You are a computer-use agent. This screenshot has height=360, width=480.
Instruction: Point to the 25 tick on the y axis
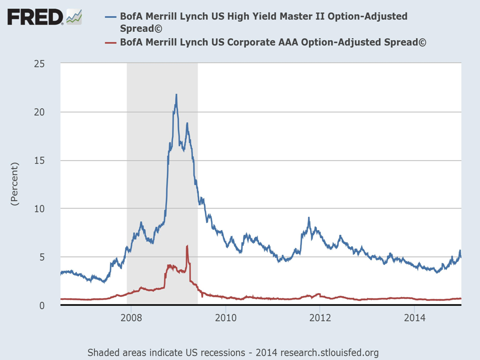point(39,64)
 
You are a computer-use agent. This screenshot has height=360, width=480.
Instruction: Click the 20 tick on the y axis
point(39,112)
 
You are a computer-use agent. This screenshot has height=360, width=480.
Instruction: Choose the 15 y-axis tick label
point(39,160)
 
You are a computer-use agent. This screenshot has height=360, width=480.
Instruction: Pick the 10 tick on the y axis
point(39,208)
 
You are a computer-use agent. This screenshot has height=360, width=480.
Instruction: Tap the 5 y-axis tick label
point(42,257)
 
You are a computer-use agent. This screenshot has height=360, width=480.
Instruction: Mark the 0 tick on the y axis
point(42,305)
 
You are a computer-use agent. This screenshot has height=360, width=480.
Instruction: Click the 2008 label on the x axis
point(131,318)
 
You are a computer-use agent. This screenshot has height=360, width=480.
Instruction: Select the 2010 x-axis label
point(226,318)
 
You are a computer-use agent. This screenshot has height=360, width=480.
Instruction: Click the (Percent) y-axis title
point(14,184)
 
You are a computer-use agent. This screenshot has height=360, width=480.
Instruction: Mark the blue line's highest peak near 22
point(176,94)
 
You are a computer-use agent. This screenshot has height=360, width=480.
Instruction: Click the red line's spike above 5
point(187,246)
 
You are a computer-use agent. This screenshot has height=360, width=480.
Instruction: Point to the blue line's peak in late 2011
point(309,218)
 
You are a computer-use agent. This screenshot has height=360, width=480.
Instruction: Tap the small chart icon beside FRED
point(74,16)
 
